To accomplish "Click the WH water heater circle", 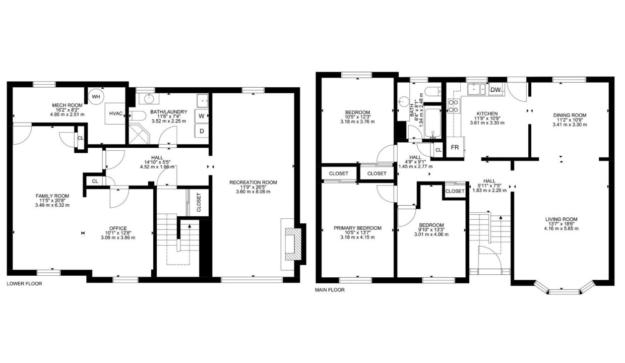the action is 96,96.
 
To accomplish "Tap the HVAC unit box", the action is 115,113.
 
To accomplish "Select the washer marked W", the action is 202,116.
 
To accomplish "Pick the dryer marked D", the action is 202,131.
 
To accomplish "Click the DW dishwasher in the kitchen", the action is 495,90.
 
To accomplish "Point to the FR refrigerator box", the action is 455,147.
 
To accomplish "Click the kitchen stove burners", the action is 454,106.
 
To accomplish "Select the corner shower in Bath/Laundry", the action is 139,135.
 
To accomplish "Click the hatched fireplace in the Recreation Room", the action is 293,244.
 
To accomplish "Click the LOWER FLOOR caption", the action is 24,284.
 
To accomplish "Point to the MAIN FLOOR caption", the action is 330,290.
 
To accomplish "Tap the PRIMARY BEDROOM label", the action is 357,228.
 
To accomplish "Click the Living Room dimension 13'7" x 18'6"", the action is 561,224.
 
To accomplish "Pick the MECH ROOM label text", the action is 67,105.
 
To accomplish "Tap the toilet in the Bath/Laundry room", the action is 138,115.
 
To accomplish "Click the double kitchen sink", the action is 477,89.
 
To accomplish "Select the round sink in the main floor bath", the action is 403,101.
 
